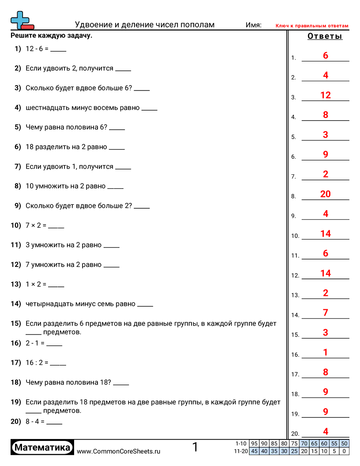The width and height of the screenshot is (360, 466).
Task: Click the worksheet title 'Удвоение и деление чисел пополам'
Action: (145, 25)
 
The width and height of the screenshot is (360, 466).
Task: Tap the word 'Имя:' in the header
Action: (253, 25)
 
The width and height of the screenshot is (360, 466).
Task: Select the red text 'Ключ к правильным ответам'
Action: (312, 26)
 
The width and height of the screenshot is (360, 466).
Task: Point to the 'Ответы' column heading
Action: (325, 36)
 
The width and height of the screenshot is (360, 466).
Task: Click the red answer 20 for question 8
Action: (326, 194)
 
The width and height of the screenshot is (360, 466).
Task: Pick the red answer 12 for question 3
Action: (326, 95)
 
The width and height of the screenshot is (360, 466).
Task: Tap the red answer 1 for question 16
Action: (326, 352)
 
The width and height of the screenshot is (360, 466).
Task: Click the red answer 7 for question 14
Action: (326, 313)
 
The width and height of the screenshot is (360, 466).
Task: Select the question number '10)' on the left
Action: (16, 225)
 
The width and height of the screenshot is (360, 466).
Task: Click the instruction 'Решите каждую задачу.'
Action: (51, 36)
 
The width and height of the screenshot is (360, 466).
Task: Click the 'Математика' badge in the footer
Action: (42, 447)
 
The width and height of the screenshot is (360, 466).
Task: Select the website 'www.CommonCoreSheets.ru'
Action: (118, 451)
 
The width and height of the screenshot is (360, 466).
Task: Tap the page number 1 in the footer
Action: (195, 447)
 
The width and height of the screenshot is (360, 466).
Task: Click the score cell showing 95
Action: (254, 443)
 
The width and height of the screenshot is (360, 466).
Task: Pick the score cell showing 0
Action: (344, 451)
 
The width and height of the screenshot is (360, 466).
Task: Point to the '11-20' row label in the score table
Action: (241, 451)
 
